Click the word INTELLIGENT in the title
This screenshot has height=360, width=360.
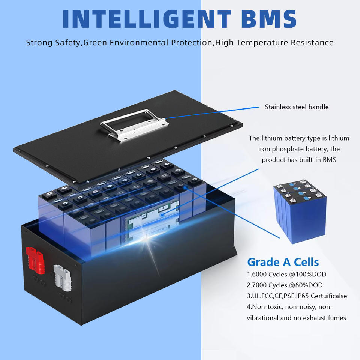click(147, 19)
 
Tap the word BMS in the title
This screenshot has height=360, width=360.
click(269, 19)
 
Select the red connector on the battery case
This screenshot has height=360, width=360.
click(35, 260)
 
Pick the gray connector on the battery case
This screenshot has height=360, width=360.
click(62, 278)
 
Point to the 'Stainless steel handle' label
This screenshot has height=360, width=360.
click(297, 107)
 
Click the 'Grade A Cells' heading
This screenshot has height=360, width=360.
click(283, 262)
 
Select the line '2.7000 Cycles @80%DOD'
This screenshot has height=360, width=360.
click(285, 285)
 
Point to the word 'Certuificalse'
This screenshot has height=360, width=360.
click(329, 296)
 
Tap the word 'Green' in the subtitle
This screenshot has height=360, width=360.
click(95, 43)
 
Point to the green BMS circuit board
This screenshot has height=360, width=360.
click(151, 218)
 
